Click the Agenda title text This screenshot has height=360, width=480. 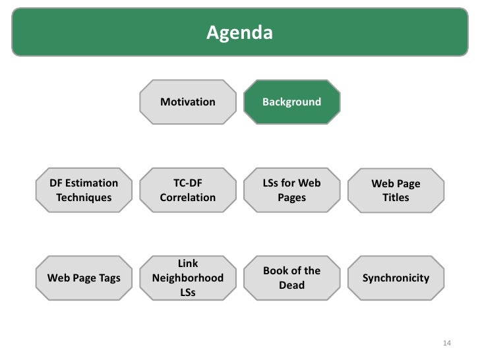(x=239, y=32)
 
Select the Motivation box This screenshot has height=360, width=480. (x=188, y=102)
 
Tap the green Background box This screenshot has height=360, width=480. (x=291, y=102)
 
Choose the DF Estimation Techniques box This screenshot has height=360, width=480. (x=84, y=190)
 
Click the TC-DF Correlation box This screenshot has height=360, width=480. (x=188, y=190)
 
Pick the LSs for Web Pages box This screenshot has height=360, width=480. (x=291, y=190)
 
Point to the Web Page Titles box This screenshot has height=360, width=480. (x=396, y=190)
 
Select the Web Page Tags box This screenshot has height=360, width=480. (x=84, y=278)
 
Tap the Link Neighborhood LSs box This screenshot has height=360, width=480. (x=188, y=278)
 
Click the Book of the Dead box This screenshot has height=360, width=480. (x=291, y=278)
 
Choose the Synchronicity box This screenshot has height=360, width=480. (x=396, y=278)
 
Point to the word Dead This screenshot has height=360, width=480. (x=291, y=285)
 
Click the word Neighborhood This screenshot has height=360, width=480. (x=188, y=278)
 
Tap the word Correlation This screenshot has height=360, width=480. (x=188, y=197)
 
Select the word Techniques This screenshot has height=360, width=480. (x=84, y=197)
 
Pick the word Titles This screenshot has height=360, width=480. (x=396, y=197)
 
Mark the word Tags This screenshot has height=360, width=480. (x=109, y=278)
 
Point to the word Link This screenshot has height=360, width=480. (x=188, y=264)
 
